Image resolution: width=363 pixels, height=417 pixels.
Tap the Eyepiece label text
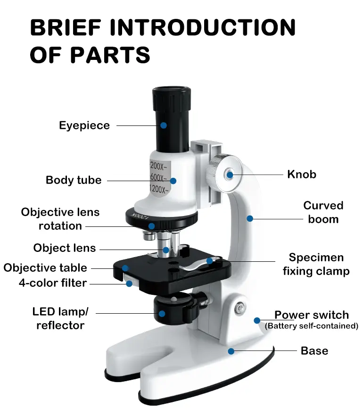tap(84, 125)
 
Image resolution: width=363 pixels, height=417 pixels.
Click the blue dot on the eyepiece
tap(164, 125)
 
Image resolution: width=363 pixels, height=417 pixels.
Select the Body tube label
tap(74, 180)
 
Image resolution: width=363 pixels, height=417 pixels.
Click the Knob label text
tap(302, 175)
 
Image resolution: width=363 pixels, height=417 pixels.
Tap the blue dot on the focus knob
tap(230, 175)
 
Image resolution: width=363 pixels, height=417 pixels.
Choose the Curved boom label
tap(323, 212)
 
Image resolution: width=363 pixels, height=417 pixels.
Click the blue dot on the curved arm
tap(250, 218)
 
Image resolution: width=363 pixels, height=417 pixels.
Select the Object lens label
tap(65, 248)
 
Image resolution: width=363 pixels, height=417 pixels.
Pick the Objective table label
tap(45, 268)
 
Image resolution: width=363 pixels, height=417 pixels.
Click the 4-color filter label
tap(53, 283)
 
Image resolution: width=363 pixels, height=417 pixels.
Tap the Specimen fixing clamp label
tap(316, 264)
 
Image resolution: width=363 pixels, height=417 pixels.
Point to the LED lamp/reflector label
tap(60, 318)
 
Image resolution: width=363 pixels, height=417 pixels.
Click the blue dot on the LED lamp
tap(162, 313)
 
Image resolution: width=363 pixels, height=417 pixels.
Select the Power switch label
tap(312, 315)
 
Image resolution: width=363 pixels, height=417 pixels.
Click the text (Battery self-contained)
tap(312, 326)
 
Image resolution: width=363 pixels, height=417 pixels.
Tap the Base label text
tap(314, 351)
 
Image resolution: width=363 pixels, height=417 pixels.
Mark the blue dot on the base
tap(231, 351)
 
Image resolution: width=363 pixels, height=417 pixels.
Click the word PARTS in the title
tap(110, 55)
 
